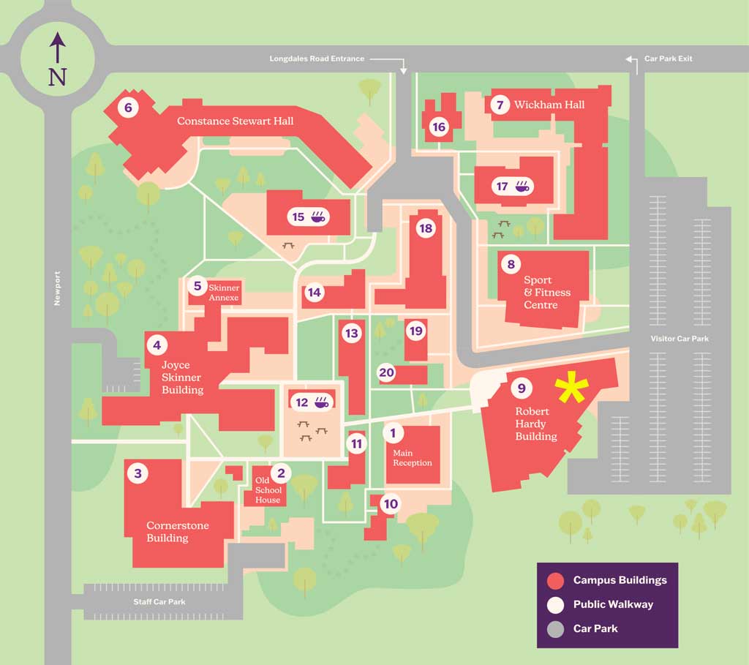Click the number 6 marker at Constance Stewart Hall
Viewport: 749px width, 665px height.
coord(128,108)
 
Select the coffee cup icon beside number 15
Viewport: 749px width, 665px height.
coord(320,217)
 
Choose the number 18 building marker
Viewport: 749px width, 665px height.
coord(425,228)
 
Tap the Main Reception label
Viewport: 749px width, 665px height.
coord(413,458)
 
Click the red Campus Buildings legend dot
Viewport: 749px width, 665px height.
coord(557,581)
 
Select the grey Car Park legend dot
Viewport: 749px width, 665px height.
coord(557,628)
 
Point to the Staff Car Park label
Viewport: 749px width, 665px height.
coord(159,602)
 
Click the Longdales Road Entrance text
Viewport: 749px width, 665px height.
coord(317,59)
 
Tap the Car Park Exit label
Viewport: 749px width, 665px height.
coord(668,59)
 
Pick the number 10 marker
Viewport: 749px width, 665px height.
coord(391,504)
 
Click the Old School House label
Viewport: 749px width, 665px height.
coord(268,490)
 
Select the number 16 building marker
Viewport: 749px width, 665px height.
coord(439,127)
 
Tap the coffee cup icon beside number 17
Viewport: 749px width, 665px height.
coord(523,186)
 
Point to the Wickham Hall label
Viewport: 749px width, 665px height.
coord(549,105)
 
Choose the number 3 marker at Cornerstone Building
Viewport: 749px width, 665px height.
coord(137,473)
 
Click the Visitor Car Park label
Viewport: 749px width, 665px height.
coord(680,339)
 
